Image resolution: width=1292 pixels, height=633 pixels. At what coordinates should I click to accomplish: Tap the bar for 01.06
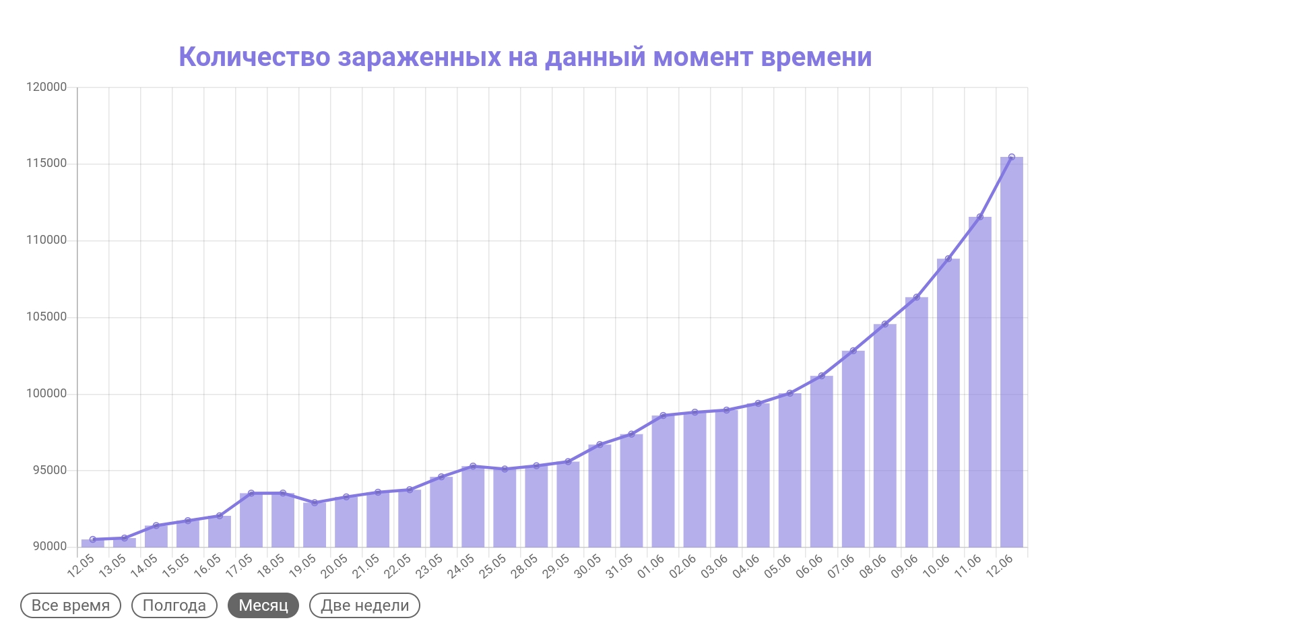coord(663,481)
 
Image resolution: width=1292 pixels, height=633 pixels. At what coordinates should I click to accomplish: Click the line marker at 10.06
coord(948,259)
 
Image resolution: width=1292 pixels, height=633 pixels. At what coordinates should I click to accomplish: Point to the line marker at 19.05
coord(315,502)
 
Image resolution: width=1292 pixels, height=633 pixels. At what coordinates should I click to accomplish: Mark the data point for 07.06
coord(853,351)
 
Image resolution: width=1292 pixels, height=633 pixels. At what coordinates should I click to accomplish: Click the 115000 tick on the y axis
coord(46,164)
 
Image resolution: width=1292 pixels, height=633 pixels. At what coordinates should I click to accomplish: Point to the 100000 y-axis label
coord(46,394)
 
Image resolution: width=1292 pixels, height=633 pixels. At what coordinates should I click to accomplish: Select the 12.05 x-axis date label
coord(81,566)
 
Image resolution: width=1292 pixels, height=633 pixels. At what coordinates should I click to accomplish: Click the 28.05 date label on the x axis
coord(524,566)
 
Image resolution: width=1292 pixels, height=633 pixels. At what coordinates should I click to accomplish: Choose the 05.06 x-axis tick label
coord(778,566)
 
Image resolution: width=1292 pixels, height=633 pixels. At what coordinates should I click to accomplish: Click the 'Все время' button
coord(71,605)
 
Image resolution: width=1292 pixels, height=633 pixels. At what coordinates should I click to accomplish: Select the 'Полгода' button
coord(174,605)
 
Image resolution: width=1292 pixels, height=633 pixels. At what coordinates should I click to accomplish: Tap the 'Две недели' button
coord(364,605)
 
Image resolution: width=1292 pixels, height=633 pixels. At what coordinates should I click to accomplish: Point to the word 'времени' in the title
coord(816,58)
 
